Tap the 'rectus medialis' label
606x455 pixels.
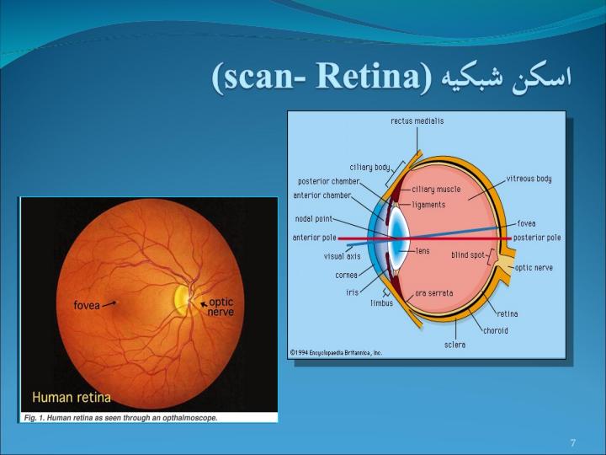417,121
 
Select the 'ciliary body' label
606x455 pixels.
369,168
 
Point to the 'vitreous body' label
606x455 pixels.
529,179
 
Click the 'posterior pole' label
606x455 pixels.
537,238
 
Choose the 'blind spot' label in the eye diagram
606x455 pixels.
468,255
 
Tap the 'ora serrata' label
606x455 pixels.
433,293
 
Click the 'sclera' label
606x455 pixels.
454,345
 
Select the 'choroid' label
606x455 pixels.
496,330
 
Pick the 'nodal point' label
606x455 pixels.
313,219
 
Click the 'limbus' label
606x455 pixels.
381,303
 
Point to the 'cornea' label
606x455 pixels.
346,275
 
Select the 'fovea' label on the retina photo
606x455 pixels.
87,305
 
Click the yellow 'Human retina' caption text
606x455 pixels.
72,398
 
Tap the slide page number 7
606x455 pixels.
573,442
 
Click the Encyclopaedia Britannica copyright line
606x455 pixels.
336,352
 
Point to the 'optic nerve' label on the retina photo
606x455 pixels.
221,307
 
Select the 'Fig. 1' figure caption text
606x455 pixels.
120,418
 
